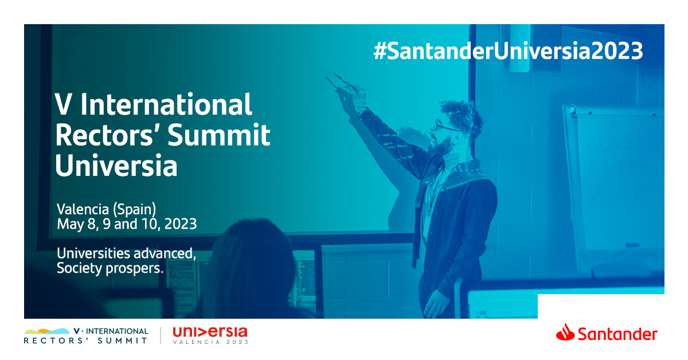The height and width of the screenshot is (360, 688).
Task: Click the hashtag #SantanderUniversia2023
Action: point(508,51)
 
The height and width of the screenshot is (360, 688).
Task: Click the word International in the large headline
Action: point(166,105)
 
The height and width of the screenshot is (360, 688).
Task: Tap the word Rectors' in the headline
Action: point(104,135)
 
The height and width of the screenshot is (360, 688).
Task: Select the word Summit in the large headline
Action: point(219,135)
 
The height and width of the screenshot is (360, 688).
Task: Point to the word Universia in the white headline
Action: point(116,166)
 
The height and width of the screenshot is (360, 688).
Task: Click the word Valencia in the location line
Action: point(83,209)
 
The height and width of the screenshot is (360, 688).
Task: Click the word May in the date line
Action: point(70,225)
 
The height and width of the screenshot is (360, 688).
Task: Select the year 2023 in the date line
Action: point(181,224)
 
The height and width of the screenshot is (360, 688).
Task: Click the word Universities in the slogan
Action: point(93,253)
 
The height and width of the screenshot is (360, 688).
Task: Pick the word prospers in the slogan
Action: point(135,269)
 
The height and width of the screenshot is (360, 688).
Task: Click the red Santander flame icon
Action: point(565,332)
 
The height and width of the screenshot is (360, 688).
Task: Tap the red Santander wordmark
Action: point(617,334)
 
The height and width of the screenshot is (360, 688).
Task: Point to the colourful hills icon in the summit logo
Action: point(47,331)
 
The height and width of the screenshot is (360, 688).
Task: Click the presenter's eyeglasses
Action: point(445,126)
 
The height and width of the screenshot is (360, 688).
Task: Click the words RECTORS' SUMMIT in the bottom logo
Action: point(86,341)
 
